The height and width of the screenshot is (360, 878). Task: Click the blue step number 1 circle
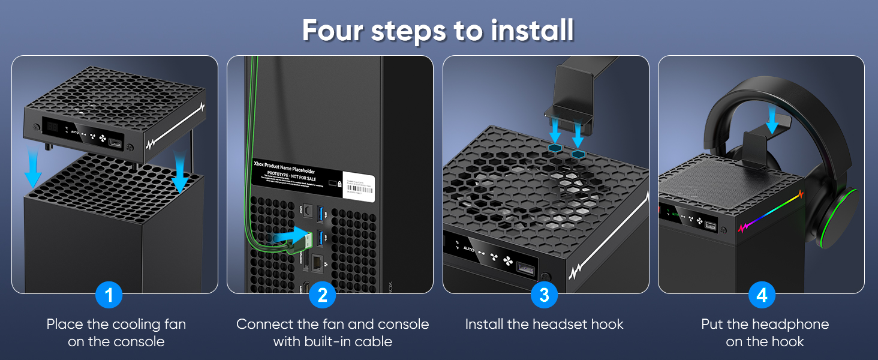pyautogui.click(x=109, y=295)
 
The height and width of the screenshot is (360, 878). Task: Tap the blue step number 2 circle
pyautogui.click(x=323, y=295)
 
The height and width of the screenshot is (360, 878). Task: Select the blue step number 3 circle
pyautogui.click(x=545, y=295)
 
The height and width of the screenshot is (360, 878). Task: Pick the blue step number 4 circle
pyautogui.click(x=762, y=295)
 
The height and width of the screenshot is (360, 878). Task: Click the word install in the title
pyautogui.click(x=531, y=30)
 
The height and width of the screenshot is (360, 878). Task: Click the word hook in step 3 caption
pyautogui.click(x=608, y=325)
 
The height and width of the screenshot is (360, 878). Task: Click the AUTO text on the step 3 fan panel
pyautogui.click(x=468, y=249)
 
